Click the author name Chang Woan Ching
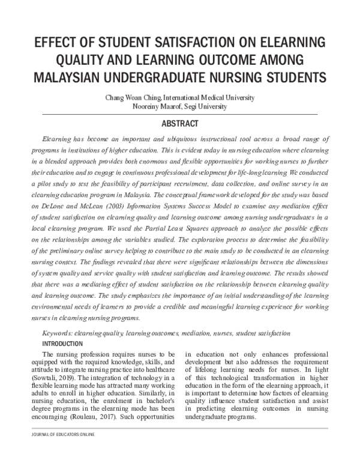(130, 97)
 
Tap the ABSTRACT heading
(180, 124)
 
